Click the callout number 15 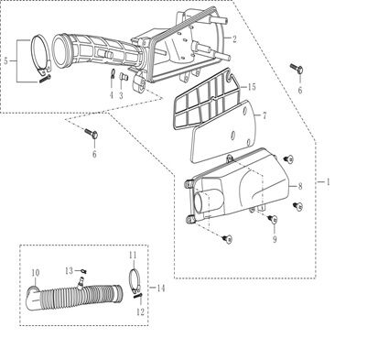pos(252,87)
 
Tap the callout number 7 pos(265,115)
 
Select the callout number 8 pos(300,186)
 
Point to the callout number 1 pos(329,182)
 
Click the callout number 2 pos(234,39)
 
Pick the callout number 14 pos(160,288)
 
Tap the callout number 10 pos(36,273)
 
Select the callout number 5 pos(6,60)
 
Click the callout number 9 pos(275,239)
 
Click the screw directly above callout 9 pos(273,219)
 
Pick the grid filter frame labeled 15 pos(203,100)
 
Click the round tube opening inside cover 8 pos(202,201)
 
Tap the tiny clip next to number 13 pos(83,271)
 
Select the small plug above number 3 pos(123,76)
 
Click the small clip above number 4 pos(112,73)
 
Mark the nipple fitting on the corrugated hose pos(81,282)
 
